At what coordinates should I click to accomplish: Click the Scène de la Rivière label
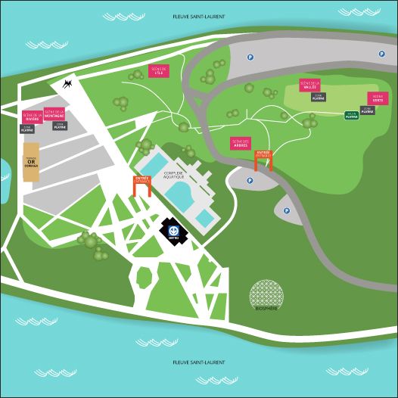32,117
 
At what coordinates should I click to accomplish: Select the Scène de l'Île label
158,70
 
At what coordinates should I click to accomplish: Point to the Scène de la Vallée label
309,85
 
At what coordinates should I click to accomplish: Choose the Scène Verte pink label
378,98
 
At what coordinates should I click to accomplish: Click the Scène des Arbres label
241,143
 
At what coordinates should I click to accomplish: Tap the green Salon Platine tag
351,116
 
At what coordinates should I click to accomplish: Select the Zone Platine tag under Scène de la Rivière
27,129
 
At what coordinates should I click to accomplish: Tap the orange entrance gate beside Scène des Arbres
263,159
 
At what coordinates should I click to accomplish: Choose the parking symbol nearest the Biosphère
287,211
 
